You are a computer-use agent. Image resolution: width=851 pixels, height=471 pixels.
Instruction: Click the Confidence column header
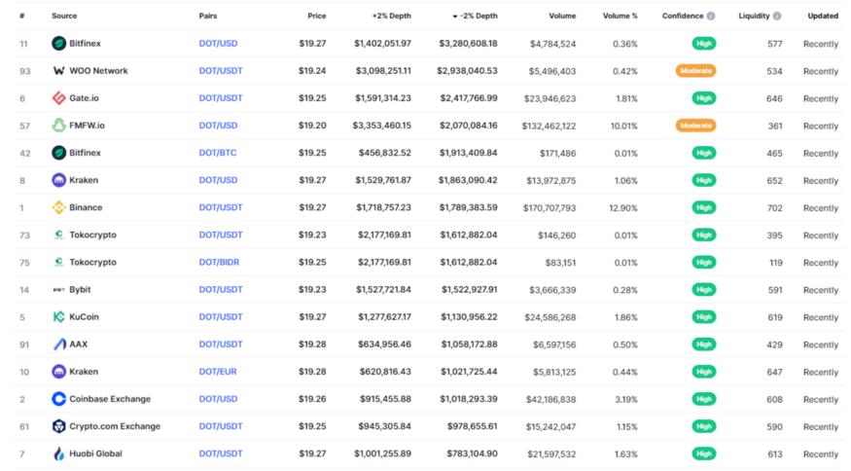click(x=683, y=16)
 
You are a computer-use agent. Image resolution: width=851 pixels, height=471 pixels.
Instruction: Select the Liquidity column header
click(x=754, y=16)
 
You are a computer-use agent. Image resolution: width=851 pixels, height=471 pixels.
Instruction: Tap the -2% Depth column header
click(x=478, y=16)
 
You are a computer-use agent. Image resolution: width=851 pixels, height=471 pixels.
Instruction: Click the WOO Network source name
click(x=98, y=71)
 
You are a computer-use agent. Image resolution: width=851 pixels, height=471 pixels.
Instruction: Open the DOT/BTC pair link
click(x=218, y=153)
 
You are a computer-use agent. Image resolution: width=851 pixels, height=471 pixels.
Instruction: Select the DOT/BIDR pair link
click(x=219, y=263)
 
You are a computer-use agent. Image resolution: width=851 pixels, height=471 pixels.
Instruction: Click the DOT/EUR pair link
click(x=218, y=372)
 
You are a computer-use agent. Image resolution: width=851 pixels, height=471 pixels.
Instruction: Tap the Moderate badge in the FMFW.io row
click(x=695, y=126)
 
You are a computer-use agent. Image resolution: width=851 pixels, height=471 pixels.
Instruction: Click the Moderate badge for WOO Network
click(x=695, y=71)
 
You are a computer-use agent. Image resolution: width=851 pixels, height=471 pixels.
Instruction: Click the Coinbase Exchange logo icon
click(x=59, y=399)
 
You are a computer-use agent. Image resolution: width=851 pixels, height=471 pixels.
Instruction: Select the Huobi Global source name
click(x=95, y=453)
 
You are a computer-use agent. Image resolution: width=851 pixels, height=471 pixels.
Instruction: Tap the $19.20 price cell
click(x=312, y=126)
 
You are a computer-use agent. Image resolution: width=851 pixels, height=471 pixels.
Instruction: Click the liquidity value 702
click(x=774, y=207)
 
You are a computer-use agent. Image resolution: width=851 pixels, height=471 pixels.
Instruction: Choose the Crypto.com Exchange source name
click(x=115, y=426)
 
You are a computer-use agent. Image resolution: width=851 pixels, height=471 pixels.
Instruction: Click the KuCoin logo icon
click(x=59, y=317)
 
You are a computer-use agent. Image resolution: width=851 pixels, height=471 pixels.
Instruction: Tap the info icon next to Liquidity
click(x=777, y=16)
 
